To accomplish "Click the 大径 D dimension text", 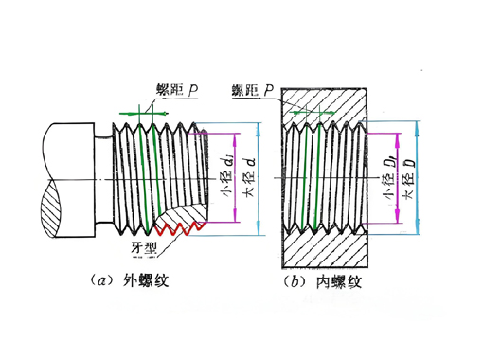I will pyautogui.click(x=409, y=177).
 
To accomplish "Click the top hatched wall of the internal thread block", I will pyautogui.click(x=328, y=103).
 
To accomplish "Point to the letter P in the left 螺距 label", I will pyautogui.click(x=192, y=91).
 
